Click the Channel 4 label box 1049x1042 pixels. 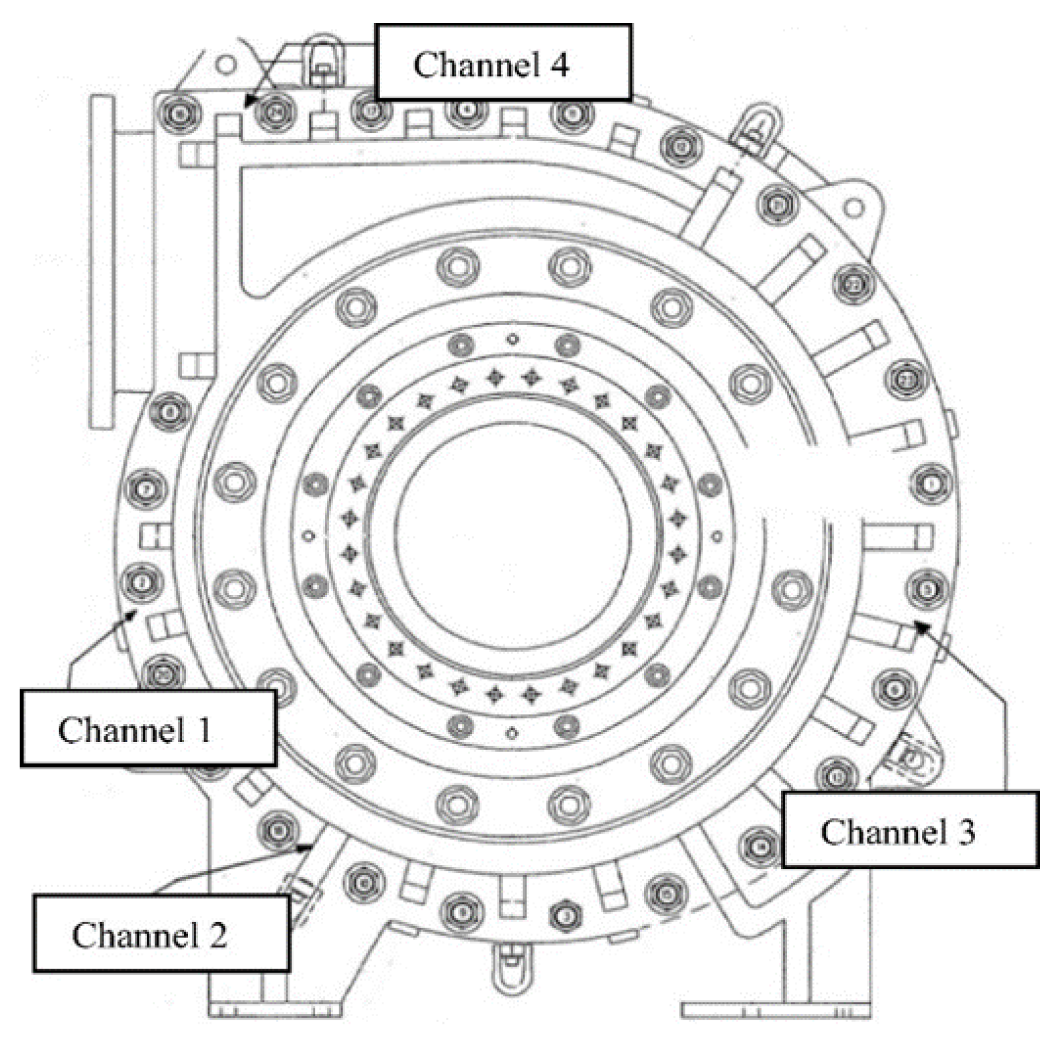pos(503,62)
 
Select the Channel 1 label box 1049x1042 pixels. pos(148,727)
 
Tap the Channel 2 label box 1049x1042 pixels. pos(161,933)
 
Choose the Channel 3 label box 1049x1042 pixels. pos(910,830)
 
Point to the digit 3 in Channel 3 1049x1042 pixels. pos(966,832)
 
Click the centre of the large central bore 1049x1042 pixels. pos(513,534)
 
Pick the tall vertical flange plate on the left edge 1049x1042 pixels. pos(102,262)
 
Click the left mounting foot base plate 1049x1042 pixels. pos(275,1010)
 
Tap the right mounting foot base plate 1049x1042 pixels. pos(776,1010)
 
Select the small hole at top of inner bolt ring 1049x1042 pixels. pos(513,339)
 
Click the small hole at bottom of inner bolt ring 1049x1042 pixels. pos(513,733)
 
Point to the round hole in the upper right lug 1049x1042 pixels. pos(853,208)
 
